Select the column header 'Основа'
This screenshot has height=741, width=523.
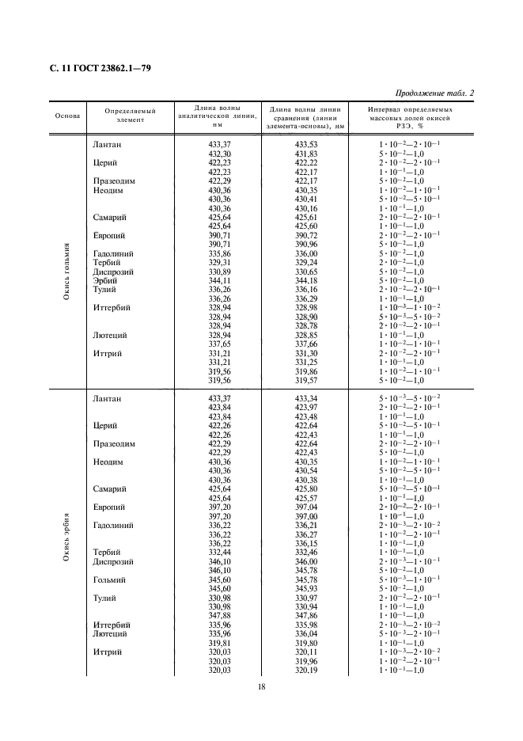(x=67, y=116)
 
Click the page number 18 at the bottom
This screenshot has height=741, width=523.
(x=261, y=686)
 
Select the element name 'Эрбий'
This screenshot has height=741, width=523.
(x=105, y=280)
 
